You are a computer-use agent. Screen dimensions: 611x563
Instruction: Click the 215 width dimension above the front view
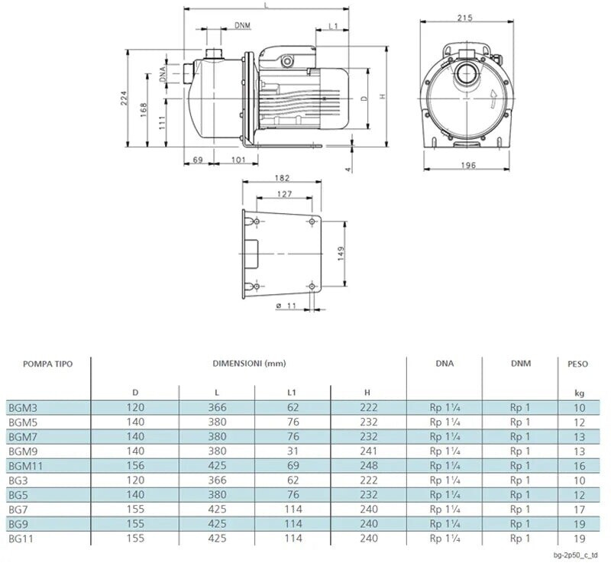click(x=464, y=18)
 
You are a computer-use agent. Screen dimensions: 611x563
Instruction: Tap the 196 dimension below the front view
click(x=468, y=165)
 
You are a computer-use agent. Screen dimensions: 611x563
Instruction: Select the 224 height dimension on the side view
click(x=124, y=99)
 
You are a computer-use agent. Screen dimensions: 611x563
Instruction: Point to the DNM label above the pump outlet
click(x=242, y=25)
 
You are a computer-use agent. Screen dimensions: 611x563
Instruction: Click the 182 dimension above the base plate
click(x=282, y=178)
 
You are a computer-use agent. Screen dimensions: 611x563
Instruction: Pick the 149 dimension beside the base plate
click(x=341, y=254)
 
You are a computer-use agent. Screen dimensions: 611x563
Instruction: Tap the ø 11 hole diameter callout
click(x=286, y=306)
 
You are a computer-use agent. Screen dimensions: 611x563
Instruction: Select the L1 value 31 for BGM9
click(x=293, y=451)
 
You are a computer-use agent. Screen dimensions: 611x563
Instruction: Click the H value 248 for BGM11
click(x=369, y=465)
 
